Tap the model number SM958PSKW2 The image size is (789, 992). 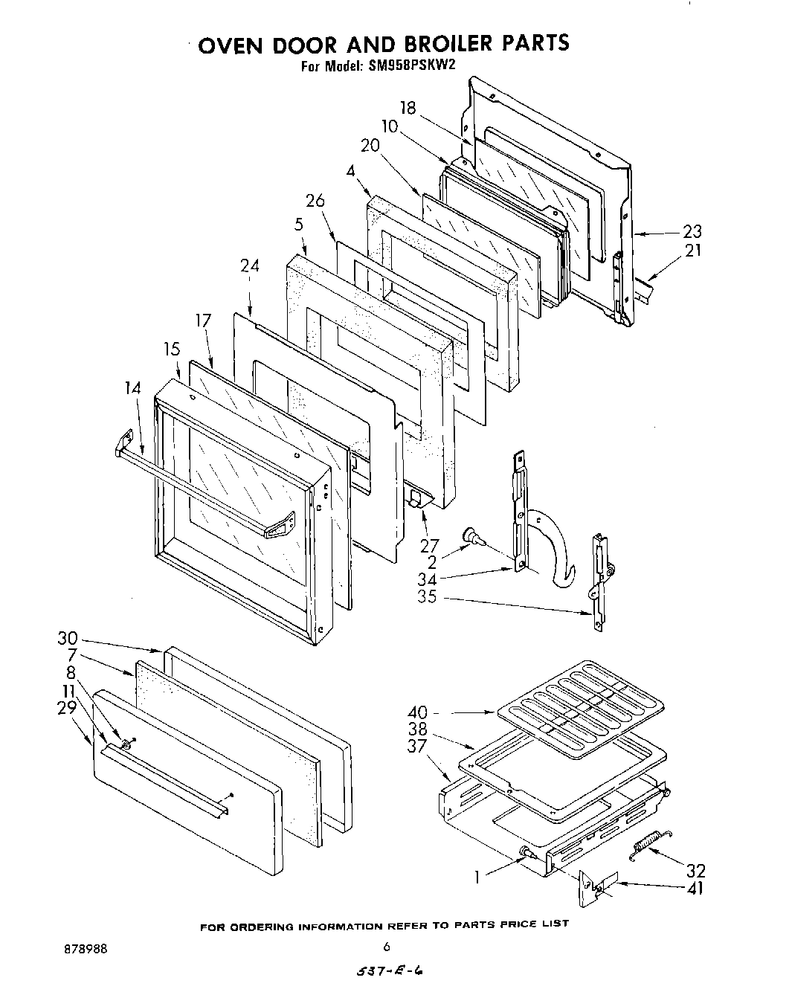(x=410, y=65)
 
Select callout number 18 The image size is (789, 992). (x=407, y=107)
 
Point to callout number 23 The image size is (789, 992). (x=692, y=232)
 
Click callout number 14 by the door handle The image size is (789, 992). (x=133, y=387)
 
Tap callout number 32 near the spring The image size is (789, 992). (x=695, y=871)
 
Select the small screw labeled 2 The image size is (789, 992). (x=471, y=534)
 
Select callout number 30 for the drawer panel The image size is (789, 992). (x=68, y=639)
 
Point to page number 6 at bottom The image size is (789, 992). (x=387, y=947)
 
